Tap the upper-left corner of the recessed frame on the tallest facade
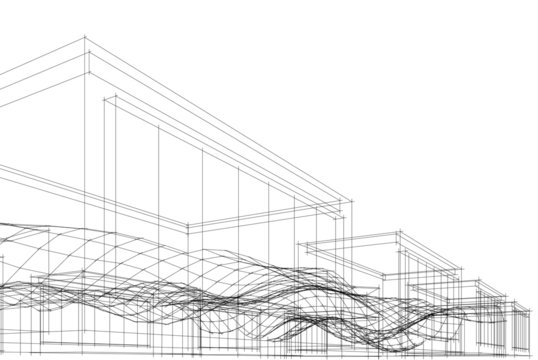(104, 97)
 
